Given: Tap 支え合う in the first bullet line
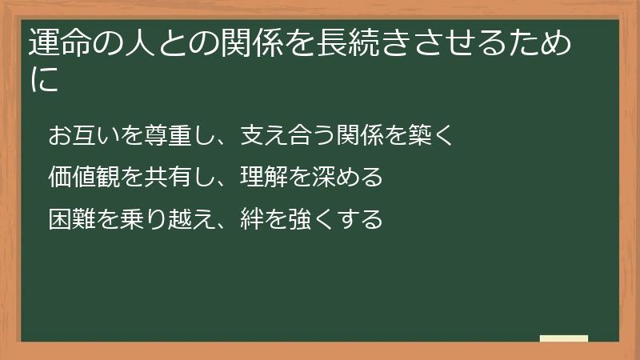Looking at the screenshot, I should coord(278,134).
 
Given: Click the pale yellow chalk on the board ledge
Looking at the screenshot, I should coord(564,338).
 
